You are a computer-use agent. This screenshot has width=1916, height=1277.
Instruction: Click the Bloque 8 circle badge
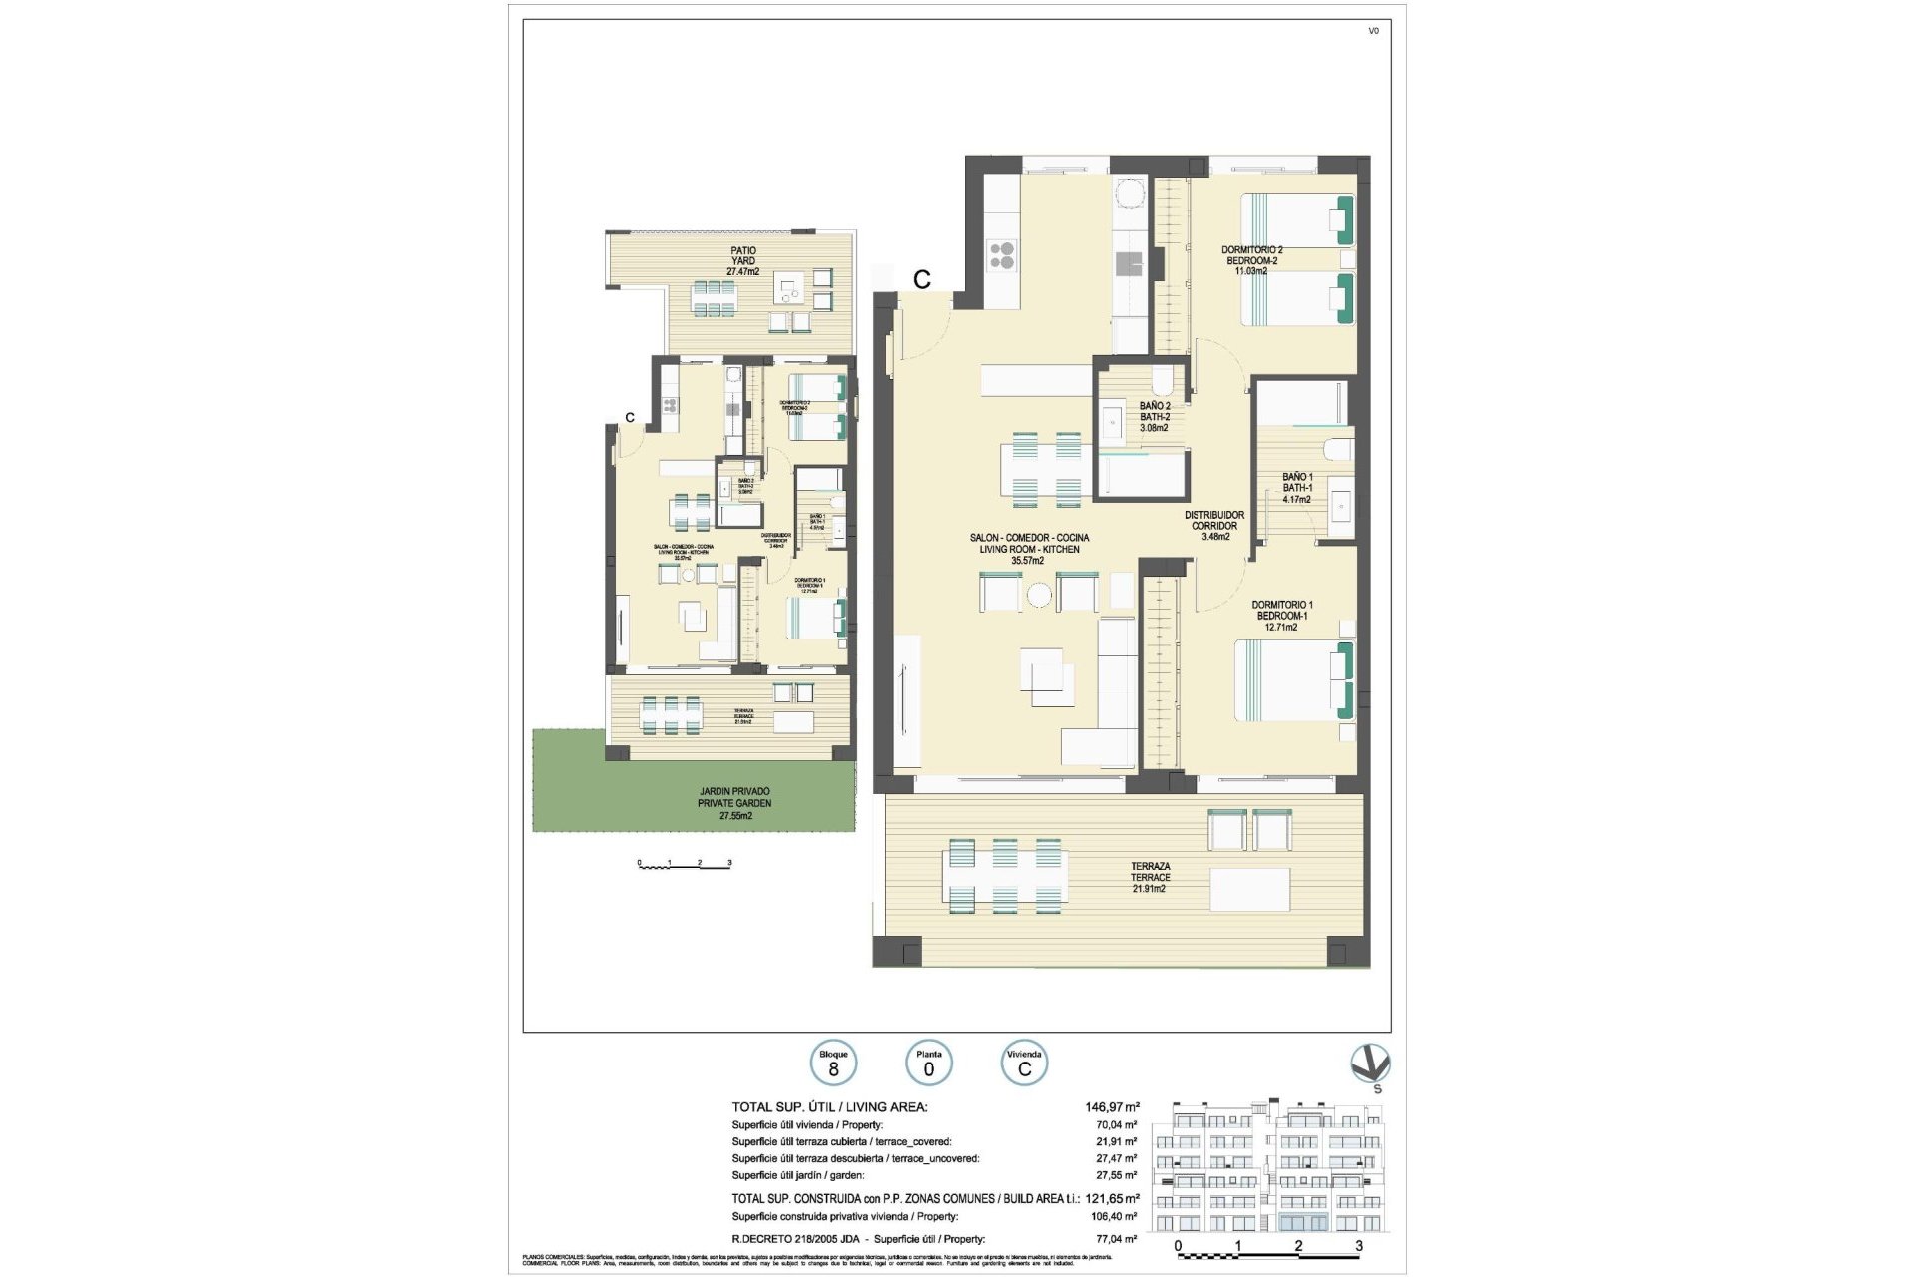833,1064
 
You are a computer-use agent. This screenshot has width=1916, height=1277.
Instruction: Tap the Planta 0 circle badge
928,1064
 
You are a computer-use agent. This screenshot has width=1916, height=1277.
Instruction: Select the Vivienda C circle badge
1024,1064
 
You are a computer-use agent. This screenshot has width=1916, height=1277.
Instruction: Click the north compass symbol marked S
1370,1065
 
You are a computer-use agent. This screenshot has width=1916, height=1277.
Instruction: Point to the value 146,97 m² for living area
1112,1106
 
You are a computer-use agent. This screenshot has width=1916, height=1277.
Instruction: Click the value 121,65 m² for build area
1112,1198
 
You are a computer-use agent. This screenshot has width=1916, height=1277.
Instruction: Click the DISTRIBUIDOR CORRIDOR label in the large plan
1214,526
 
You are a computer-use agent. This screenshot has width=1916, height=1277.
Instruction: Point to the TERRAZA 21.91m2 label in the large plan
1150,877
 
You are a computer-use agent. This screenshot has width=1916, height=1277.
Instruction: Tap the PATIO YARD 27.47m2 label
742,261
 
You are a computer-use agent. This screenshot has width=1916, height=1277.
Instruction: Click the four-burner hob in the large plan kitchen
1001,256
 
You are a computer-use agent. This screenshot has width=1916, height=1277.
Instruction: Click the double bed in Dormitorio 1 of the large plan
1293,680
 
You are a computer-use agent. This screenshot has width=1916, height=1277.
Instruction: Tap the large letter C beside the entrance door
922,280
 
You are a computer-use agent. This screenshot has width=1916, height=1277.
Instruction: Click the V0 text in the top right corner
1373,31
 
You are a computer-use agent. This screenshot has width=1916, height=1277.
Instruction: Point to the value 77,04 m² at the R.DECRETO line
1116,1239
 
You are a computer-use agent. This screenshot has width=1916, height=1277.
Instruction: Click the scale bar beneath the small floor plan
685,864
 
